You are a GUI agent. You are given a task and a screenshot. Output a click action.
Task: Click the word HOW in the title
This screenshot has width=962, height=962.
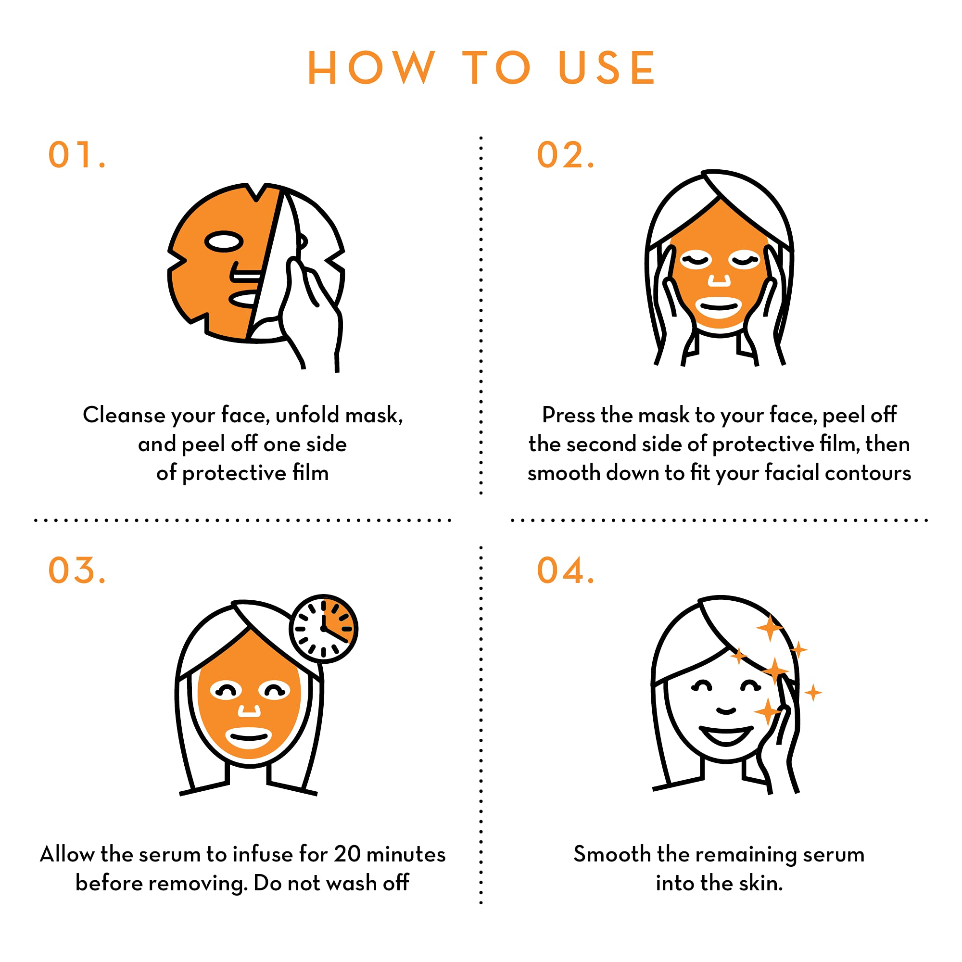(x=371, y=68)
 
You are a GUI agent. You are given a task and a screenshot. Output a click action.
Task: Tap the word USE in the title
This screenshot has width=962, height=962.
(x=607, y=68)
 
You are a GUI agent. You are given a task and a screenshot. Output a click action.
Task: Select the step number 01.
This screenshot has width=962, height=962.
(x=76, y=155)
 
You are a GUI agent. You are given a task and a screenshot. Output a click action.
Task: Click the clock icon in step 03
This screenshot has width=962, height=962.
(x=324, y=628)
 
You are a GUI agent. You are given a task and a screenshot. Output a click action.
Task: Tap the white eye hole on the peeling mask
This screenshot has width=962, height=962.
(x=224, y=241)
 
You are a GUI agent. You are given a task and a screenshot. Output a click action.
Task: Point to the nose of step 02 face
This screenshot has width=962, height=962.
(x=719, y=280)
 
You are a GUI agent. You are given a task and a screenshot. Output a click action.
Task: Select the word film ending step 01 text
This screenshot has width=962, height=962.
(x=310, y=472)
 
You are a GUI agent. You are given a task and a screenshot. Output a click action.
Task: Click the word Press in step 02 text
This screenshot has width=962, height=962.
(x=568, y=415)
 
